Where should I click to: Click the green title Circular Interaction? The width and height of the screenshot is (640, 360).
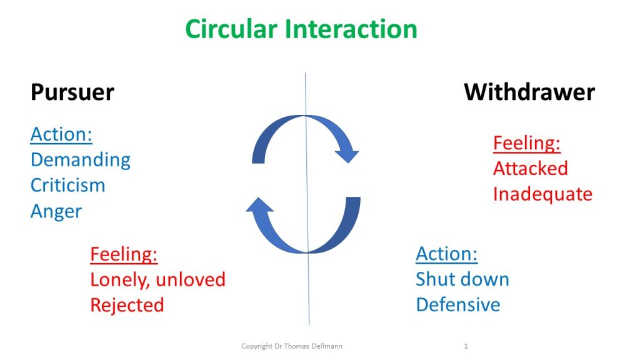pos(301,29)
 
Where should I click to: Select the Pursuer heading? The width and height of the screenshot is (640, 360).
pos(72,92)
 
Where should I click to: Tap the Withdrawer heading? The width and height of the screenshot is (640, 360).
pos(529,92)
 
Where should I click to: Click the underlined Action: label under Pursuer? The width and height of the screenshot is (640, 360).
pos(61,134)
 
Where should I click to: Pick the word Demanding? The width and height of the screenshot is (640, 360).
pos(81,160)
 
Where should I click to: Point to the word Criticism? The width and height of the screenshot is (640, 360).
pos(67,185)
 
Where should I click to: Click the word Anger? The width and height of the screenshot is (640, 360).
pos(56,211)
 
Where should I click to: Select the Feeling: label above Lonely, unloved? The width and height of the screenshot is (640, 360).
pos(124,254)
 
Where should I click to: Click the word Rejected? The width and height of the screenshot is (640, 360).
pos(127,305)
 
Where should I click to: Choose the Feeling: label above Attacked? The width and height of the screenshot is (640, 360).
pos(526,143)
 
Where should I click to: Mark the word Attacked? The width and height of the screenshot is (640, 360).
pos(530,169)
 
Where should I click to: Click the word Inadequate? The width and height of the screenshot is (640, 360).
pos(542,194)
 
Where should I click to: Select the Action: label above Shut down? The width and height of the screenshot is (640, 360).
pos(446,254)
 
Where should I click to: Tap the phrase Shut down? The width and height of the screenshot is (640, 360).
pos(462,279)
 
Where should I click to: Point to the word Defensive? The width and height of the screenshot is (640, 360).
pos(458,305)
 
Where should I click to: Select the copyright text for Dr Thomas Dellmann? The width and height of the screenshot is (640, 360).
pos(292,346)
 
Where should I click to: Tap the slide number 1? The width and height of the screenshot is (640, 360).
pos(466,346)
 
